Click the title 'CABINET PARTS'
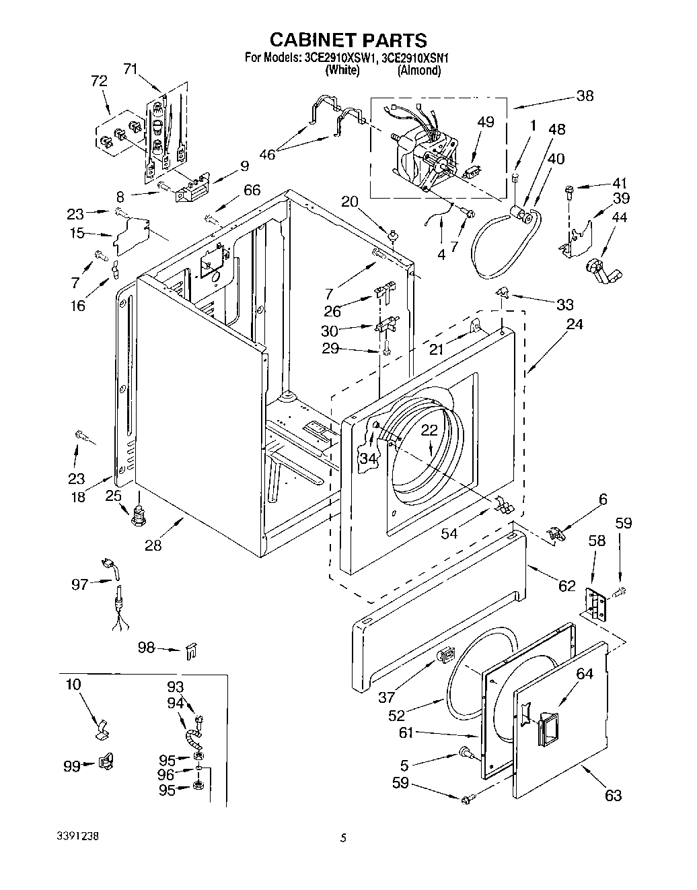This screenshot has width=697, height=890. pyautogui.click(x=348, y=40)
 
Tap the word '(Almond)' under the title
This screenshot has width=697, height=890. pyautogui.click(x=418, y=70)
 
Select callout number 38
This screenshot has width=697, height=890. pyautogui.click(x=585, y=96)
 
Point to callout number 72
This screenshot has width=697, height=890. pyautogui.click(x=98, y=81)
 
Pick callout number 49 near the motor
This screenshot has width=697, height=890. pyautogui.click(x=485, y=122)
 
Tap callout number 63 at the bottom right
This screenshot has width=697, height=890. pyautogui.click(x=612, y=796)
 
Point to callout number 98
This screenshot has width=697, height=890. pyautogui.click(x=146, y=648)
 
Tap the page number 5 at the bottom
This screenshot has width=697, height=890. pyautogui.click(x=343, y=838)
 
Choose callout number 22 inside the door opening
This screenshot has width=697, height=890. pyautogui.click(x=429, y=430)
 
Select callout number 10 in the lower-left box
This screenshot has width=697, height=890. pyautogui.click(x=73, y=685)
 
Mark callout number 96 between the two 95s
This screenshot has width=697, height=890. pyautogui.click(x=166, y=775)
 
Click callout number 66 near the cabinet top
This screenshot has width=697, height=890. pyautogui.click(x=252, y=190)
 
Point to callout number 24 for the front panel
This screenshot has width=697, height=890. pyautogui.click(x=574, y=324)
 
